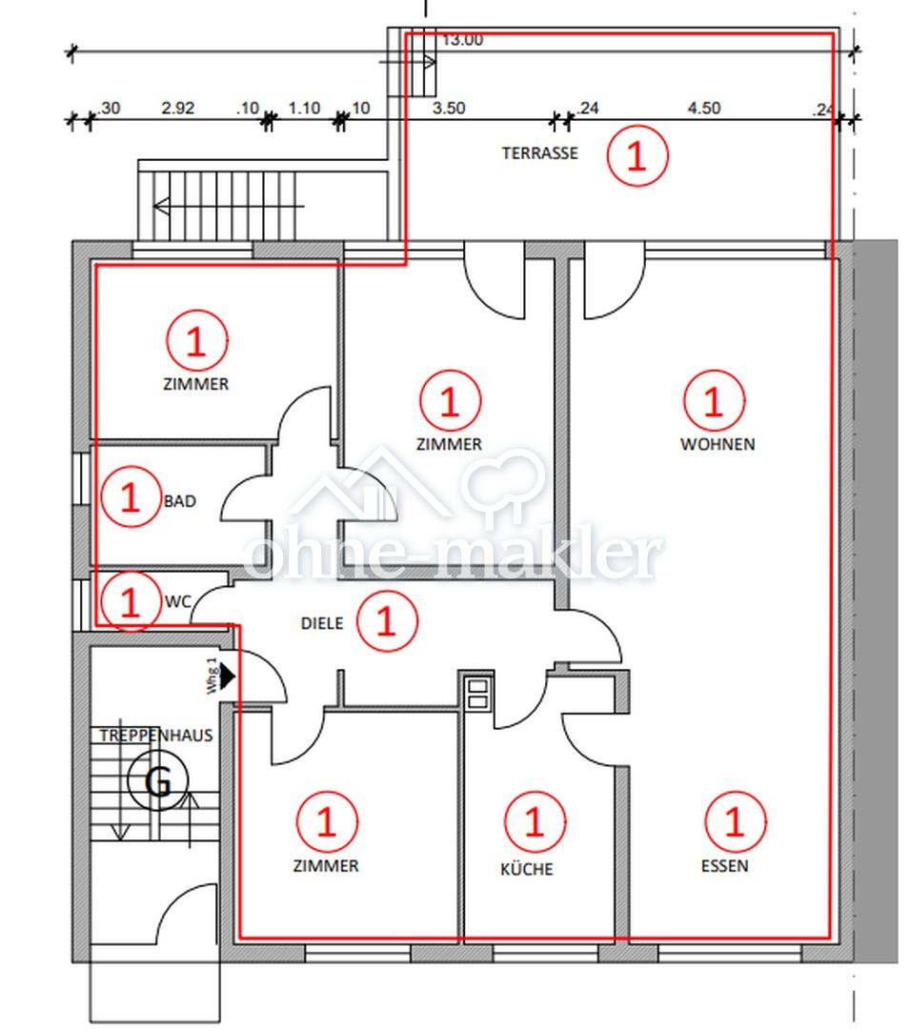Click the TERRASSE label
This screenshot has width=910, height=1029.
click(539, 153)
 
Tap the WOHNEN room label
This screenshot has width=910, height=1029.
click(718, 444)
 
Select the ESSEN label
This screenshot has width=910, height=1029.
click(724, 866)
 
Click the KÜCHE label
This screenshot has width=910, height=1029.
click(526, 869)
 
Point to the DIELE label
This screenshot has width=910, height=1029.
click(321, 623)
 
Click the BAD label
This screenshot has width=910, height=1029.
click(180, 501)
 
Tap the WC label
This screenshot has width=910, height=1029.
click(178, 602)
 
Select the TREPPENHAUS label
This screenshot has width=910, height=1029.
click(156, 735)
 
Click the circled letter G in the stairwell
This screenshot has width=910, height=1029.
click(158, 781)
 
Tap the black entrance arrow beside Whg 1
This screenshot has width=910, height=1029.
click(228, 676)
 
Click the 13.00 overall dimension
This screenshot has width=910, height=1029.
click(462, 40)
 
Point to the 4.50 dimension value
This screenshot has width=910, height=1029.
click(704, 108)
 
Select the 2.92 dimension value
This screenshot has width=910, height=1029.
click(178, 108)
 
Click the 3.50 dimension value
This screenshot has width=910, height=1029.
click(449, 108)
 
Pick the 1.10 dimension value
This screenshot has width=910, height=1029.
click(304, 108)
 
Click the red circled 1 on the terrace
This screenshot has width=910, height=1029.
click(637, 156)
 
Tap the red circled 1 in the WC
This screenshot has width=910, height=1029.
click(131, 601)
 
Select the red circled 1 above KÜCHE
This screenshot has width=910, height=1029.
click(535, 821)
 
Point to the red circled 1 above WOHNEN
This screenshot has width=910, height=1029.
click(714, 400)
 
